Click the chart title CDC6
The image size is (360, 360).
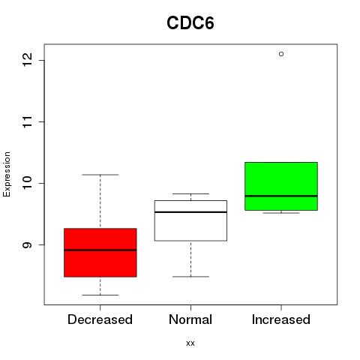coord(190,23)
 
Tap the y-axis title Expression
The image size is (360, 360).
coord(7,174)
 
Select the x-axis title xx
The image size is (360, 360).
coord(190,343)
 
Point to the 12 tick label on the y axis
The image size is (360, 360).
coord(28,60)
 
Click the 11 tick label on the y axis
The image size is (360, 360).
coord(28,121)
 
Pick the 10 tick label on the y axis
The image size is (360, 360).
coord(28,183)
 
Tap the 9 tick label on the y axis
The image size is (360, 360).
coord(28,244)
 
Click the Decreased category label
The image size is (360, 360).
coord(100,319)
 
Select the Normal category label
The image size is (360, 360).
coord(190,319)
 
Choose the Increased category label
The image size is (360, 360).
coord(281,319)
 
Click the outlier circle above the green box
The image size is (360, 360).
coord(281,54)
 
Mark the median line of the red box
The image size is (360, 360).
coord(100,250)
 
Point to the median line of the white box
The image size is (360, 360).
coord(190,212)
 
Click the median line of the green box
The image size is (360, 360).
coord(281,196)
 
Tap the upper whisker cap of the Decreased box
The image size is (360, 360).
coord(100,175)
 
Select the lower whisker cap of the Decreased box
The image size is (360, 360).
coord(100,295)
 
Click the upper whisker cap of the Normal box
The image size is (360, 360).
coord(190,193)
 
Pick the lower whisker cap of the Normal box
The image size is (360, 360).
coord(190,277)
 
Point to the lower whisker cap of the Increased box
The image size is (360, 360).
coord(281,213)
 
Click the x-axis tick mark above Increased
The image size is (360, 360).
coord(281,307)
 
